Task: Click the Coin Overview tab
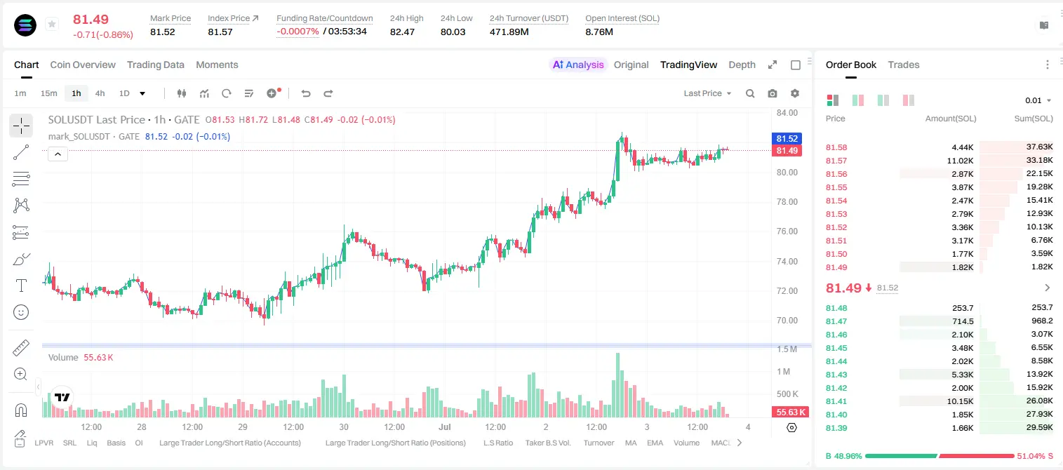click(83, 65)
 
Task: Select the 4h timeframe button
click(100, 93)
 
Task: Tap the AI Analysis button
click(578, 65)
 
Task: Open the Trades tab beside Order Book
click(904, 65)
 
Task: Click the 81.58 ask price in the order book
click(836, 147)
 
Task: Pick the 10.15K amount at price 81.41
click(960, 401)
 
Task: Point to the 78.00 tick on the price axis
click(787, 201)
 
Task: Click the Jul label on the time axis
click(445, 427)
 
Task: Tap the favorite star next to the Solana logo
click(52, 24)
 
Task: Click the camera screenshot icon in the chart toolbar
click(773, 93)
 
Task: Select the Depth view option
click(742, 65)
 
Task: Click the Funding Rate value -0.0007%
click(297, 32)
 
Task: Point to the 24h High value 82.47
click(402, 32)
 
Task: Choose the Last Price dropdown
click(707, 93)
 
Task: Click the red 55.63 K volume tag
click(790, 412)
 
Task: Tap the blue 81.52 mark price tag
click(787, 138)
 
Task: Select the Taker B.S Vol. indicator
click(547, 443)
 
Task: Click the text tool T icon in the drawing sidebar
click(21, 286)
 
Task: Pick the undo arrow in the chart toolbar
click(306, 93)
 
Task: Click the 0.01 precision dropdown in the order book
click(1038, 100)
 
